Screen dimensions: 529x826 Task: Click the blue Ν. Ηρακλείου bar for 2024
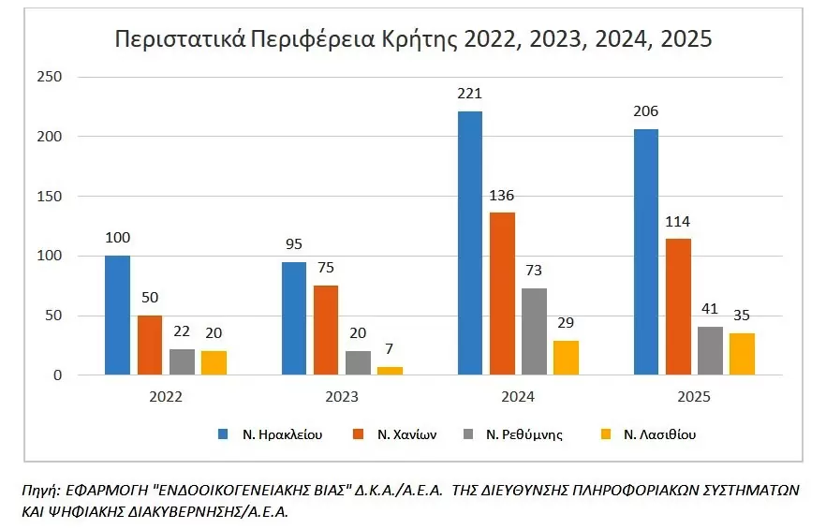tap(470, 243)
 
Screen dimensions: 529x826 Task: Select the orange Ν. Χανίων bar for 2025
tap(678, 307)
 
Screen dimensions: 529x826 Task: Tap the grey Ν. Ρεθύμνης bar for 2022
tap(182, 362)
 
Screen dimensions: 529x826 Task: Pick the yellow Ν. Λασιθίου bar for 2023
tap(390, 371)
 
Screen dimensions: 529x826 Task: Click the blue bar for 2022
tap(118, 316)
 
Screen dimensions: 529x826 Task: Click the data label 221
tap(470, 94)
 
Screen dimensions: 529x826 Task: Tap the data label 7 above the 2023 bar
tap(390, 349)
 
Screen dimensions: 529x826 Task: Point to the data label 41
tap(710, 309)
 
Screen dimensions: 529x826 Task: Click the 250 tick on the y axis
tap(49, 77)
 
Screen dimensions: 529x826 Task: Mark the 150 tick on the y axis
tap(49, 197)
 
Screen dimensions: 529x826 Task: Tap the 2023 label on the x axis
tap(342, 397)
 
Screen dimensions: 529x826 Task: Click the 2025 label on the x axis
tap(693, 397)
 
